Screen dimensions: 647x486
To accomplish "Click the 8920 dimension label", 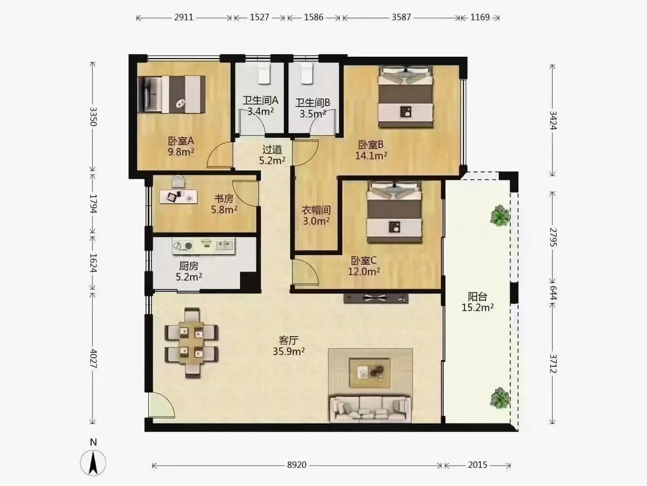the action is tap(297, 465).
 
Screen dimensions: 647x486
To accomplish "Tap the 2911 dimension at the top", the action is tap(184, 18).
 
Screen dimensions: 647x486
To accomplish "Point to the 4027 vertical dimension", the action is tap(93, 359).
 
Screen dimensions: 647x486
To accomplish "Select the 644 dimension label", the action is tap(553, 292).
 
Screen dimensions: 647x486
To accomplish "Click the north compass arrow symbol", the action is tap(93, 463).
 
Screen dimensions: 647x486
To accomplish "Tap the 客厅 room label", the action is tap(288, 340).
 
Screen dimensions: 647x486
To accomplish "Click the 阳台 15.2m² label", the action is tap(478, 302).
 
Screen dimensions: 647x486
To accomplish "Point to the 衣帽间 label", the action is tap(316, 210).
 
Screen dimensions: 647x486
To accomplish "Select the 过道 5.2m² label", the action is tap(272, 155).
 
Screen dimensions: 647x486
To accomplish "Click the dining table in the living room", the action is tap(191, 342).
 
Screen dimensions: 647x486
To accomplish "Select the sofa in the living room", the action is tap(371, 409).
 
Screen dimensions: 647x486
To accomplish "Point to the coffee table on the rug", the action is tap(370, 373).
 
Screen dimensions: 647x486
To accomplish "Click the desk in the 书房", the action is tap(178, 197).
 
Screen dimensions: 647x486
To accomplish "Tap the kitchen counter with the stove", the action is tap(204, 246).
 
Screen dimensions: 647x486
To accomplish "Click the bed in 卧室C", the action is tap(394, 212).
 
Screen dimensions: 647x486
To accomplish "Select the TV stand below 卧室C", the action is tap(376, 298).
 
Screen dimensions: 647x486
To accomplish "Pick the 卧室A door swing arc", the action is tap(220, 155).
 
